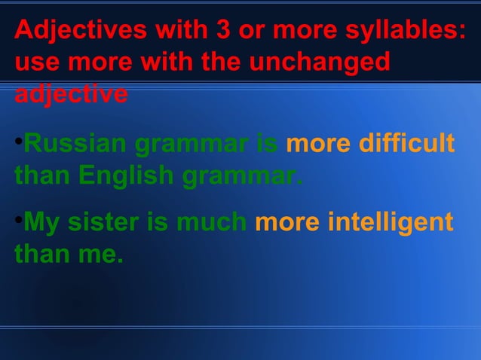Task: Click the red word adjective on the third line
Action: click(x=71, y=95)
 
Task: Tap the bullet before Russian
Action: click(x=18, y=141)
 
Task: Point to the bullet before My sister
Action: click(x=18, y=221)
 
